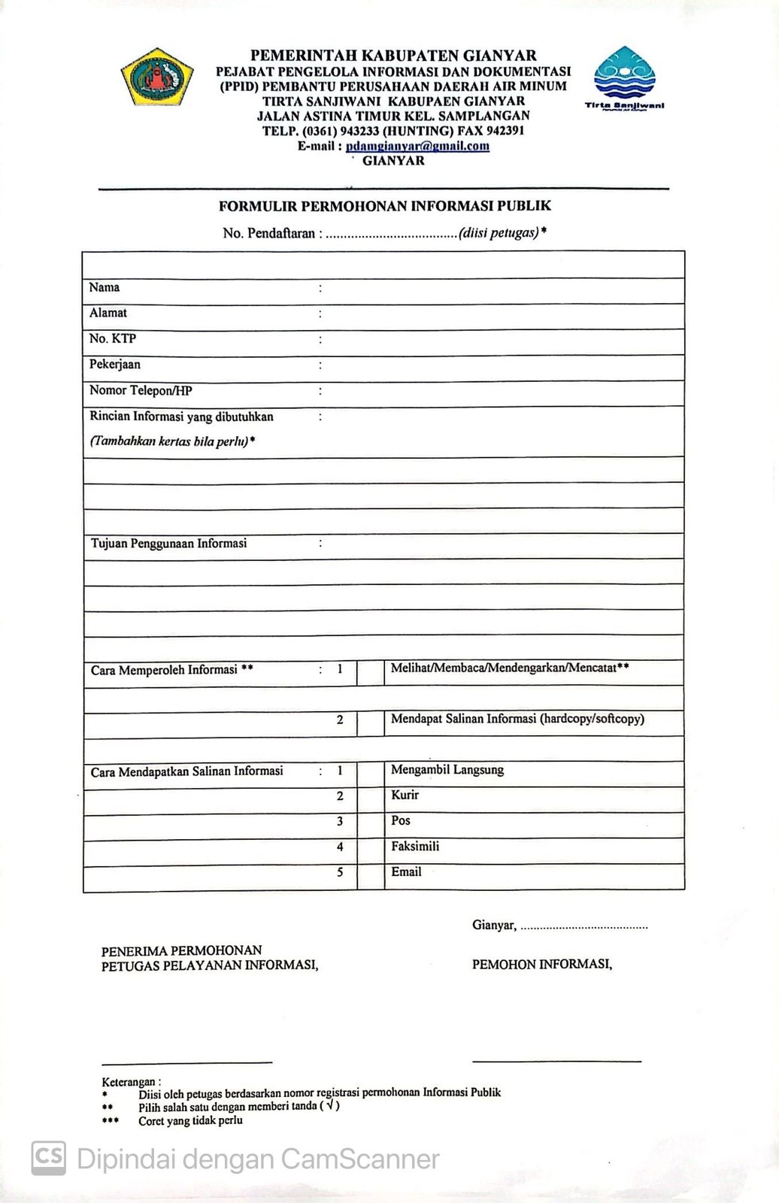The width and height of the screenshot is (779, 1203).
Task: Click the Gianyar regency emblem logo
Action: (x=156, y=77)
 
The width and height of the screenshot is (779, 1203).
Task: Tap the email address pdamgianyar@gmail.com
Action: (x=417, y=146)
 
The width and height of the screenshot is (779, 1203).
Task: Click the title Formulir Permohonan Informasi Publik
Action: (x=384, y=205)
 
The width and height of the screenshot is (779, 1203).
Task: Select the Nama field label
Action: (x=105, y=287)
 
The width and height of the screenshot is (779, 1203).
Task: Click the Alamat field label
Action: (x=108, y=313)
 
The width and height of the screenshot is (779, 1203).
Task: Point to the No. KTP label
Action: (x=113, y=338)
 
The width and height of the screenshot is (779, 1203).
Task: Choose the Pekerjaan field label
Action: (x=115, y=365)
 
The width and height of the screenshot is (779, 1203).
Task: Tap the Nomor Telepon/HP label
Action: (x=141, y=390)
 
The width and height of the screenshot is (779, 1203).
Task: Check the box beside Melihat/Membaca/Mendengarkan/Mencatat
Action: (x=370, y=672)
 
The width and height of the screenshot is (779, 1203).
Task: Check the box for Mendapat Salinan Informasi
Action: (x=370, y=723)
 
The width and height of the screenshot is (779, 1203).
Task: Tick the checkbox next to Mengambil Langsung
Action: (x=370, y=774)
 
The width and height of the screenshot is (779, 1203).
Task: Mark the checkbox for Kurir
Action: (x=370, y=800)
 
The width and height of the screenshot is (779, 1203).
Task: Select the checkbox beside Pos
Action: (x=370, y=826)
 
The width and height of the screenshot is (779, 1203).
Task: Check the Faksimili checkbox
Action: (x=370, y=851)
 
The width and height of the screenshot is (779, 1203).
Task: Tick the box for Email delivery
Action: (x=370, y=877)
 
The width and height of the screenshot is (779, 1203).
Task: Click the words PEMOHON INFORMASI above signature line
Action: (x=541, y=964)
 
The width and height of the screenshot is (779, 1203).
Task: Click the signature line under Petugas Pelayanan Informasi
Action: (x=186, y=1062)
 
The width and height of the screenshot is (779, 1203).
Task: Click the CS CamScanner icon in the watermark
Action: (x=48, y=1159)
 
